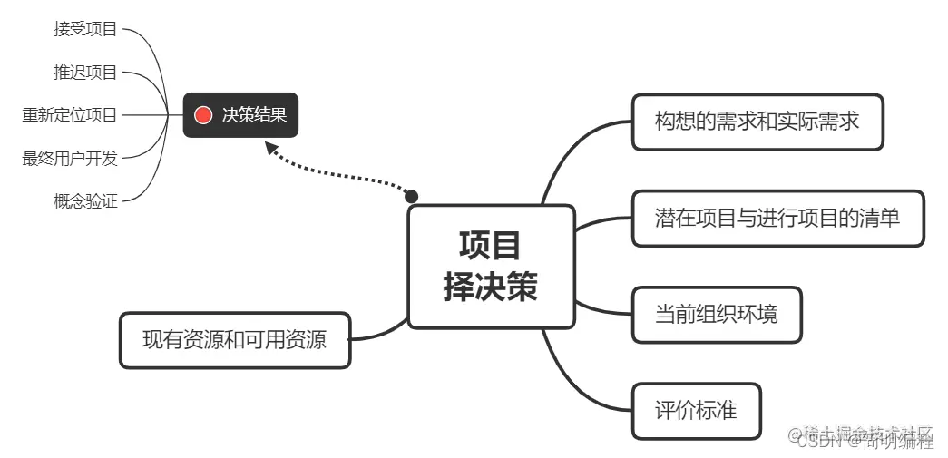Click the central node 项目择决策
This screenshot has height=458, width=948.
pos(491,266)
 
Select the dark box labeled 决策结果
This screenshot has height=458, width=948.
pos(240,115)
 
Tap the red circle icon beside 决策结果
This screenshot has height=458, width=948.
pos(203,115)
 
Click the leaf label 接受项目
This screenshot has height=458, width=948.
pos(85,29)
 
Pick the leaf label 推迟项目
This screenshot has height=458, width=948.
pos(85,73)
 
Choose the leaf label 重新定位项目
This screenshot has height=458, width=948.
pos(70,115)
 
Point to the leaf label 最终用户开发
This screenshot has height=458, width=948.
pos(70,159)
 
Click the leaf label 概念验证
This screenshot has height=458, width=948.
pos(85,201)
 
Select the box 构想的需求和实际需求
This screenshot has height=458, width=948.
pos(757,122)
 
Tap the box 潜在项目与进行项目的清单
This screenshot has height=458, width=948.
pos(777,218)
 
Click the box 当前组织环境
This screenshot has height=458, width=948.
pos(717,315)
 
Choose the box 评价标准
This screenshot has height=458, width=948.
pos(696,411)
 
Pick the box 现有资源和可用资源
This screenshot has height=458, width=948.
pos(234,340)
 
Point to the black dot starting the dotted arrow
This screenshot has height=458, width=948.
pos(411,196)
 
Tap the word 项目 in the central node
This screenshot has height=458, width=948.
pos(491,245)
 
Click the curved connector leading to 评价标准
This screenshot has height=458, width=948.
pos(581,385)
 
